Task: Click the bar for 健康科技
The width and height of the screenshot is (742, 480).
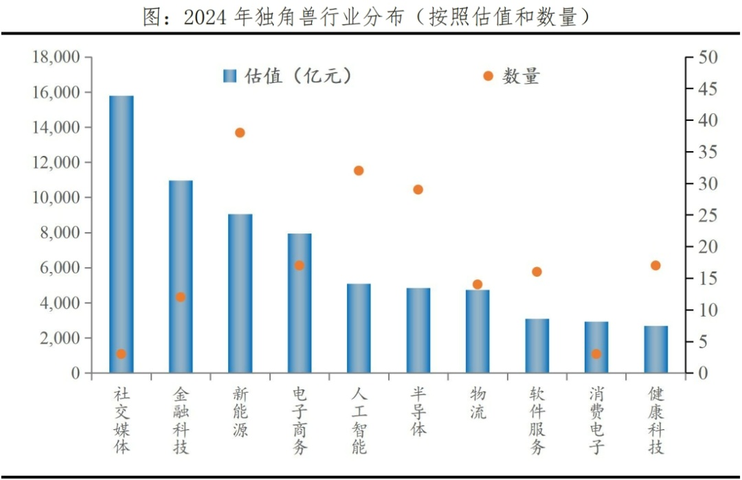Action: tap(655, 350)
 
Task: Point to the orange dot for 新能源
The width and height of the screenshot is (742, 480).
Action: tap(240, 133)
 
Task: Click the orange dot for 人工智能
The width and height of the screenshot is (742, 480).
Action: tap(359, 170)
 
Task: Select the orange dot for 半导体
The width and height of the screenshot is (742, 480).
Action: tap(418, 190)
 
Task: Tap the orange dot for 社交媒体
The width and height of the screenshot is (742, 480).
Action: tap(121, 354)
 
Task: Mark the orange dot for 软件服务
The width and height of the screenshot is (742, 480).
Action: tap(537, 272)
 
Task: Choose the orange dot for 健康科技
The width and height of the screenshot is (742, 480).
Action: tap(655, 265)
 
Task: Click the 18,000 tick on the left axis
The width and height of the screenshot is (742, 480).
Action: tap(56, 57)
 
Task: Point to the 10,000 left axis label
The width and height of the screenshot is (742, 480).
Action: tap(56, 198)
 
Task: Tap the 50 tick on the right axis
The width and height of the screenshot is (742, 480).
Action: tap(707, 57)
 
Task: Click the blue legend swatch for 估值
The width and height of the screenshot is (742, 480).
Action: tap(229, 76)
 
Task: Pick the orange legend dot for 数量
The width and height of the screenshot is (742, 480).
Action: tap(488, 76)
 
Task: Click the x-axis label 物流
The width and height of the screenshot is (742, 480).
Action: tap(477, 403)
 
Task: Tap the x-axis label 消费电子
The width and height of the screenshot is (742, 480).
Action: tap(596, 420)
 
